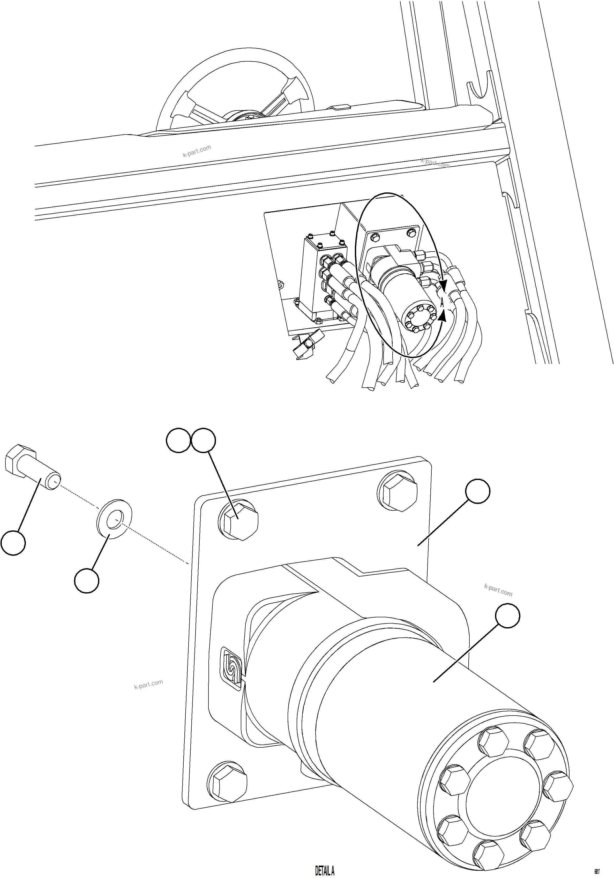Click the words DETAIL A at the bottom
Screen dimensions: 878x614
tap(325, 870)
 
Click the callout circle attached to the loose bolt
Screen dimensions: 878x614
tap(13, 543)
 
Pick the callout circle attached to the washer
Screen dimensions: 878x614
tap(87, 581)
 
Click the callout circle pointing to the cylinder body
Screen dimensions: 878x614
tap(507, 616)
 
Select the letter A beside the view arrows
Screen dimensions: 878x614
tap(442, 303)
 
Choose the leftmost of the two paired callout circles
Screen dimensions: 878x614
tap(178, 440)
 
